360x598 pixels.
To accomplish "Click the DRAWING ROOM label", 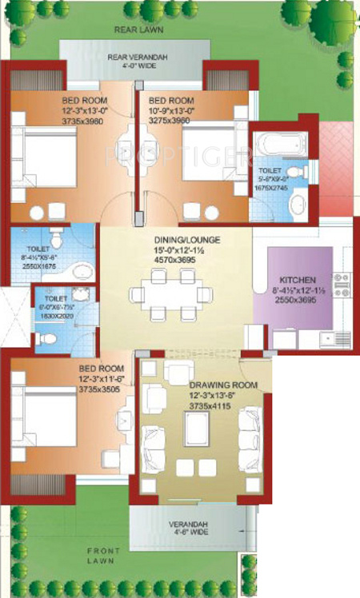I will coord(223,385).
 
